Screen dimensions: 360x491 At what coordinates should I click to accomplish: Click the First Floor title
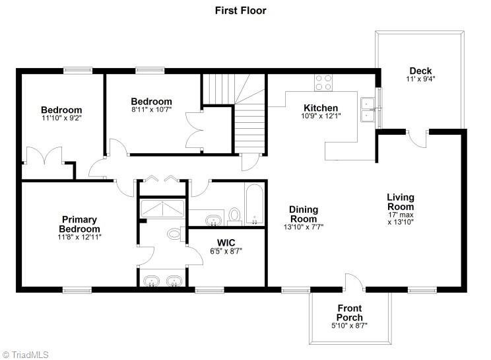[240, 11]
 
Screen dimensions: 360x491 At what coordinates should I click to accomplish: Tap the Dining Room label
[304, 214]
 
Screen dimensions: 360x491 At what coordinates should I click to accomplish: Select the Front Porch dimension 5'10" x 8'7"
[349, 326]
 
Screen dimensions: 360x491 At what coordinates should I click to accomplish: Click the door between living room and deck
[417, 139]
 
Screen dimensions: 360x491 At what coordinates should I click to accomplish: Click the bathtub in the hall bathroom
[254, 205]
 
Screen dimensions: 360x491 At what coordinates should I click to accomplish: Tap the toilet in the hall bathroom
[234, 215]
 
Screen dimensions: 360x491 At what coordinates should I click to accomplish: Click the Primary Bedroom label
[79, 224]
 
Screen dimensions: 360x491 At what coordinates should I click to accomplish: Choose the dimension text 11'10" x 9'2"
[61, 119]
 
